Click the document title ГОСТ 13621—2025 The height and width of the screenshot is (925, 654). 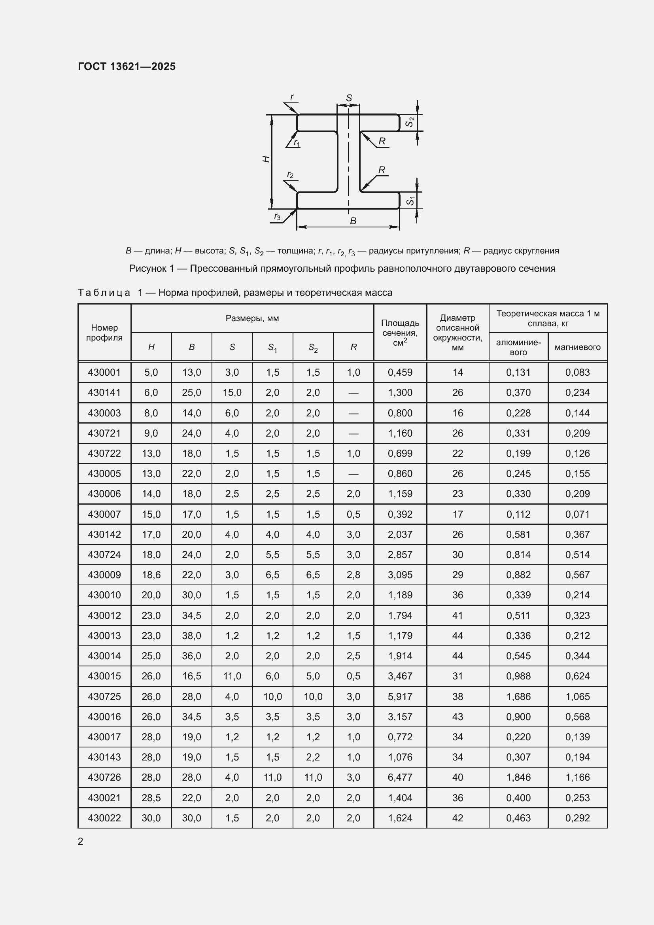tap(127, 66)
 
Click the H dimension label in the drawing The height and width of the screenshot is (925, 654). tap(266, 159)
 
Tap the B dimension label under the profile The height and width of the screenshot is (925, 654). tap(353, 221)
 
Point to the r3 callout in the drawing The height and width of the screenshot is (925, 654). tap(278, 216)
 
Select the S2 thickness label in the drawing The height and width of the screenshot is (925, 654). tap(410, 122)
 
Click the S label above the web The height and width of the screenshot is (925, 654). tap(349, 98)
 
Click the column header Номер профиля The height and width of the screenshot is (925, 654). tap(104, 332)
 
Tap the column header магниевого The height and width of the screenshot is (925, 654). tap(577, 347)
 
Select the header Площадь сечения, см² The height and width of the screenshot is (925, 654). tap(400, 332)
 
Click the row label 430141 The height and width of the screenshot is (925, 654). tap(104, 392)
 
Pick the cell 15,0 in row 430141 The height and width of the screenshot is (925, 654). tap(232, 392)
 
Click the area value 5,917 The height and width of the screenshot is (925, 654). tap(400, 696)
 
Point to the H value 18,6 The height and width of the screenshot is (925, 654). tap(151, 575)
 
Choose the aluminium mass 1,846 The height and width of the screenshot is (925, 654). tap(518, 777)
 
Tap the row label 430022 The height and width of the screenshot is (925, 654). tap(104, 818)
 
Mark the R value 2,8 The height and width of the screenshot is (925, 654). tap(353, 575)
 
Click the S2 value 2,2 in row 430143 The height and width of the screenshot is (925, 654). tap(313, 757)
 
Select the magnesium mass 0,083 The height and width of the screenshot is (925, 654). tap(577, 372)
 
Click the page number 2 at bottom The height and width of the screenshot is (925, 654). tap(81, 841)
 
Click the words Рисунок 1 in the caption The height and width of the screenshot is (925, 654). tap(151, 268)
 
